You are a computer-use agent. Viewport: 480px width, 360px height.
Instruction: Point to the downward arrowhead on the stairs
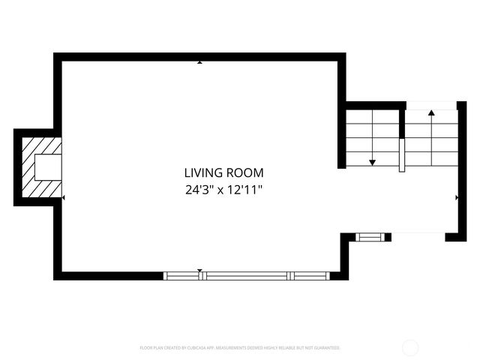click(x=372, y=162)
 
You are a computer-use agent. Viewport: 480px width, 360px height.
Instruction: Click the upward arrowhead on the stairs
click(x=431, y=112)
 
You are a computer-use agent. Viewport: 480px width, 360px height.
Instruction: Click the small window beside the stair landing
click(x=368, y=237)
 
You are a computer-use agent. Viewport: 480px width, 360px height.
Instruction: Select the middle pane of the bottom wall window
click(x=247, y=275)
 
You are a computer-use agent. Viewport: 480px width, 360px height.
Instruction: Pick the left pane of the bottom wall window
click(x=182, y=275)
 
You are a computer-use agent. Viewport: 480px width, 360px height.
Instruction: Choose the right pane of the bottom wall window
click(x=310, y=275)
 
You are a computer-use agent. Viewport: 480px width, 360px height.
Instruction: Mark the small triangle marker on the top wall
click(x=199, y=62)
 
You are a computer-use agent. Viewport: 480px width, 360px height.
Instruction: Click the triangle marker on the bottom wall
click(x=199, y=270)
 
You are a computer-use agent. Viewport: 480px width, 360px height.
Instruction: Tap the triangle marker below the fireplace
click(x=64, y=198)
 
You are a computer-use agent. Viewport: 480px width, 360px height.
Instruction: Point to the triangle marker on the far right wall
click(x=457, y=197)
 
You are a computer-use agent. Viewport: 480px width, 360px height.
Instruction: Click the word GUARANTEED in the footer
click(x=325, y=348)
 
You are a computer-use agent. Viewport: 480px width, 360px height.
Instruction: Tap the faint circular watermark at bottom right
click(x=410, y=347)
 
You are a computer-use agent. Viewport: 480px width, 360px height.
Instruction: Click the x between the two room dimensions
click(x=222, y=190)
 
